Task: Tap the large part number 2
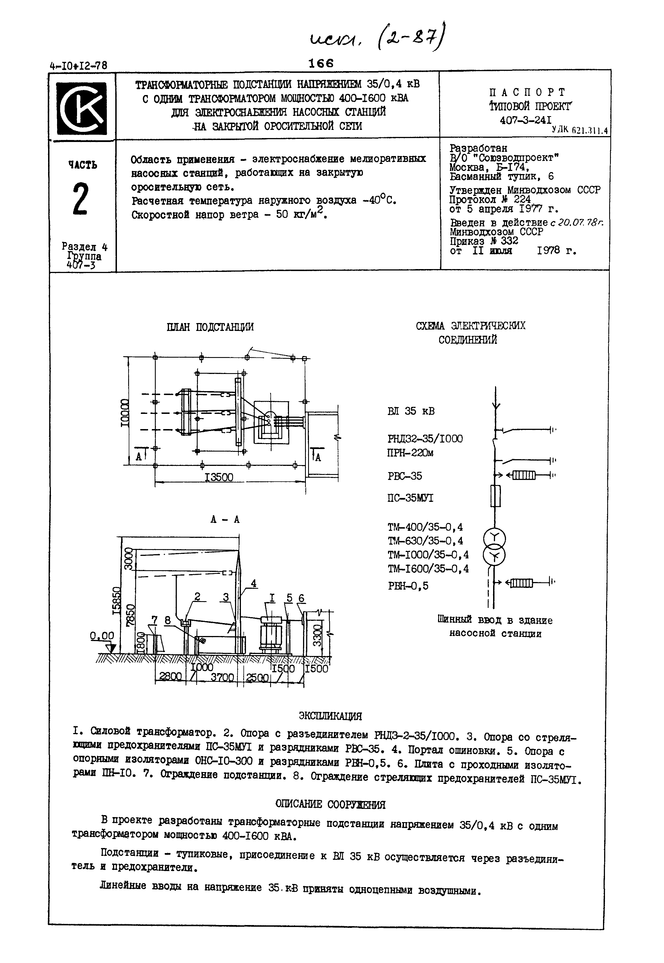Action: pyautogui.click(x=81, y=199)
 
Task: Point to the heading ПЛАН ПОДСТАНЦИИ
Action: pyautogui.click(x=210, y=327)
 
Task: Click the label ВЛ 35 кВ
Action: pyautogui.click(x=411, y=411)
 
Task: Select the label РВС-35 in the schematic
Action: pyautogui.click(x=405, y=476)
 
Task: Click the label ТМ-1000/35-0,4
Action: pyautogui.click(x=428, y=555)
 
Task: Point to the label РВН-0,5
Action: pyautogui.click(x=408, y=586)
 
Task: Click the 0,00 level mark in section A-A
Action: pyautogui.click(x=102, y=636)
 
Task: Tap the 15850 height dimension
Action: pyautogui.click(x=117, y=601)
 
